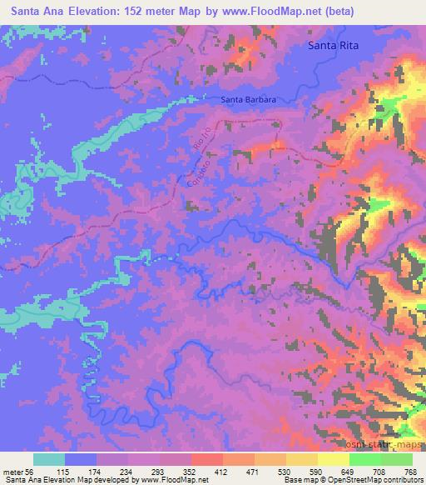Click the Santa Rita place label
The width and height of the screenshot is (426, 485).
[x=331, y=47]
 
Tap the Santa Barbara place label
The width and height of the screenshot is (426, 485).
[x=249, y=100]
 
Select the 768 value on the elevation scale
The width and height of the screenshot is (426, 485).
[x=409, y=471]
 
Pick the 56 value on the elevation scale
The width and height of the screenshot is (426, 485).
[x=32, y=471]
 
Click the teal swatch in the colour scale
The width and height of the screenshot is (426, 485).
[x=49, y=459]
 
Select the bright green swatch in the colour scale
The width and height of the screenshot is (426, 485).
[x=363, y=459]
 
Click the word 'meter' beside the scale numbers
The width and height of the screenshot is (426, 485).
[x=12, y=471]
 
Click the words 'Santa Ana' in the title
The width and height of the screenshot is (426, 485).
[x=33, y=12]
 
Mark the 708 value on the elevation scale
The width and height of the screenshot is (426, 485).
[x=379, y=471]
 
